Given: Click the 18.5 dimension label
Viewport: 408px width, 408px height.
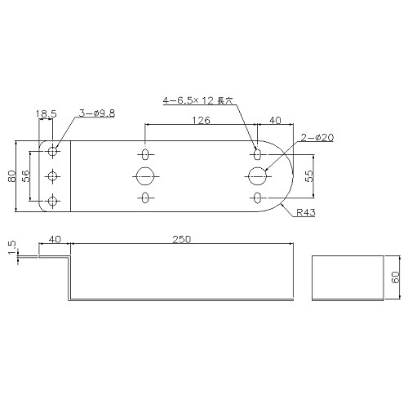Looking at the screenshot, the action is pyautogui.click(x=47, y=113).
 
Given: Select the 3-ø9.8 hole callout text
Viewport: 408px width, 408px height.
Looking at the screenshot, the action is pyautogui.click(x=97, y=113).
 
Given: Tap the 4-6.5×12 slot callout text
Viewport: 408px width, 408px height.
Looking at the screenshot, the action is pyautogui.click(x=197, y=100).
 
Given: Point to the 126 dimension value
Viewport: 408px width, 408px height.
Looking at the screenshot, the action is pyautogui.click(x=201, y=120).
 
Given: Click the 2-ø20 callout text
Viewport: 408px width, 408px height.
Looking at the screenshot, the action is pyautogui.click(x=317, y=138).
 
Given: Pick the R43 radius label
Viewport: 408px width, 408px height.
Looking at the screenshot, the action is pyautogui.click(x=306, y=212).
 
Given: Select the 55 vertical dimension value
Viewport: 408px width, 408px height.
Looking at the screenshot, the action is pyautogui.click(x=309, y=176).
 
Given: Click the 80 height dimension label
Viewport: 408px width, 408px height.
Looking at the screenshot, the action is pyautogui.click(x=12, y=176).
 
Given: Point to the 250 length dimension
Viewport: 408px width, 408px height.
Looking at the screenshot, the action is pyautogui.click(x=182, y=239).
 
